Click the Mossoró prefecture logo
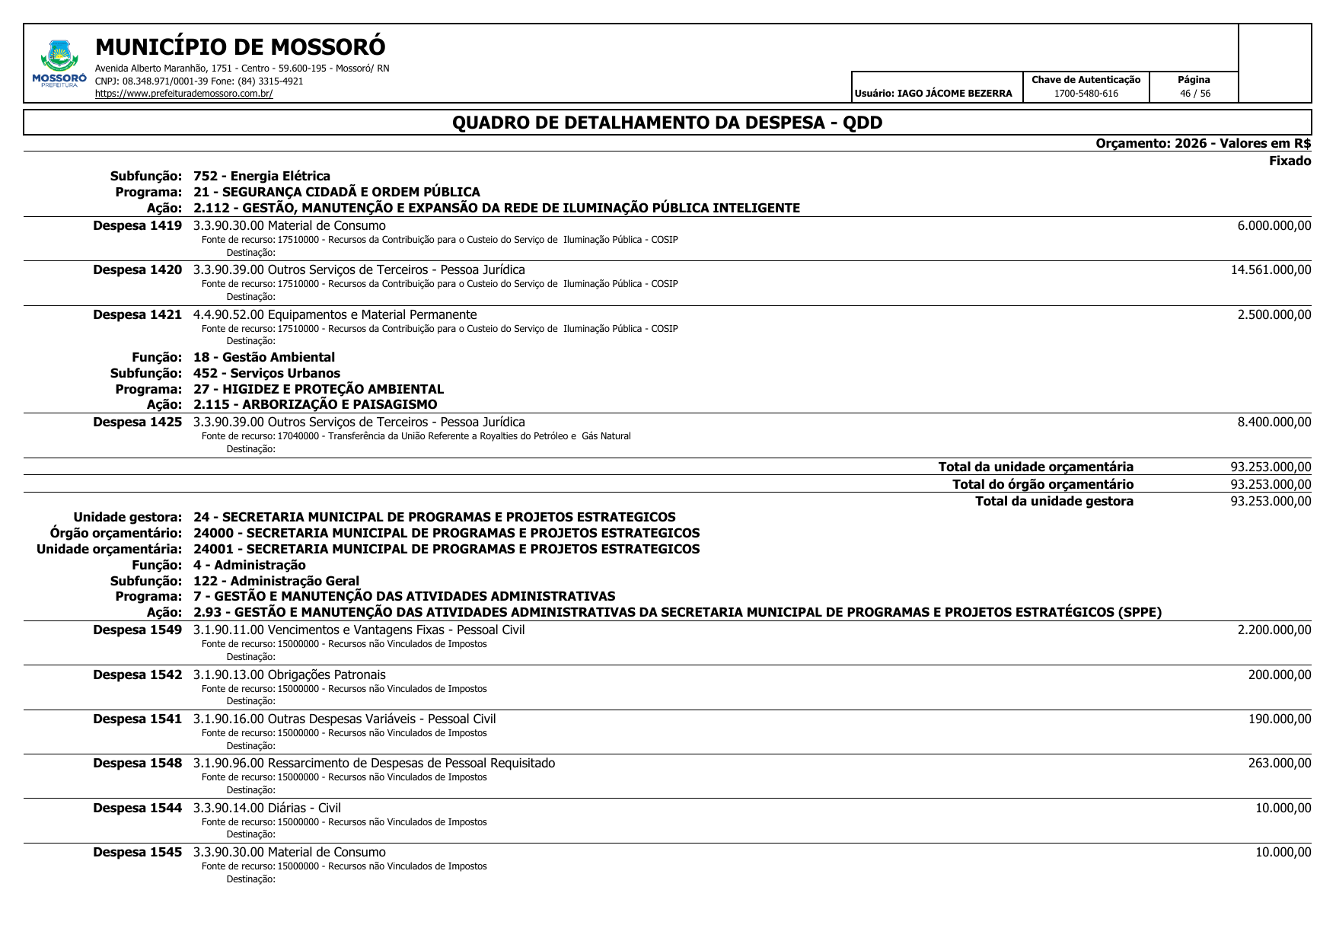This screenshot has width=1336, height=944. pyautogui.click(x=59, y=63)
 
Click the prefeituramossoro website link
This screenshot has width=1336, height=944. pyautogui.click(x=183, y=94)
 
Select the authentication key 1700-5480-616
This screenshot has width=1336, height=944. pyautogui.click(x=1086, y=94)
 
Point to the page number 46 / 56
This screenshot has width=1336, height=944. pyautogui.click(x=1194, y=94)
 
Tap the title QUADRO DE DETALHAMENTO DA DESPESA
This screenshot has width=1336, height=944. pyautogui.click(x=667, y=123)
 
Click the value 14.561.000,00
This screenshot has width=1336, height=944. pyautogui.click(x=1271, y=270)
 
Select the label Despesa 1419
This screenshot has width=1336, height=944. pyautogui.click(x=138, y=226)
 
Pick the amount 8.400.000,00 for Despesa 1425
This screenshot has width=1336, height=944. pyautogui.click(x=1274, y=423)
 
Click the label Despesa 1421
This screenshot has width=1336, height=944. pyautogui.click(x=138, y=315)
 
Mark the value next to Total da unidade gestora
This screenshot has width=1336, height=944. pyautogui.click(x=1271, y=502)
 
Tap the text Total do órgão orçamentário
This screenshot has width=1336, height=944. pyautogui.click(x=1042, y=484)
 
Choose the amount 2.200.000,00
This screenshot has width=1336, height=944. pyautogui.click(x=1274, y=630)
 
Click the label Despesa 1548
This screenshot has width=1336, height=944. pyautogui.click(x=138, y=764)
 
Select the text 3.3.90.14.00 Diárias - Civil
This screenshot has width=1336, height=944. pyautogui.click(x=267, y=808)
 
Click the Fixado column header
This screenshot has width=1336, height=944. pyautogui.click(x=1290, y=161)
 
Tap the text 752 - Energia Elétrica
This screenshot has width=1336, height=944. pyautogui.click(x=262, y=177)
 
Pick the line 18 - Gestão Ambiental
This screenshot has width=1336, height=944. pyautogui.click(x=263, y=358)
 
